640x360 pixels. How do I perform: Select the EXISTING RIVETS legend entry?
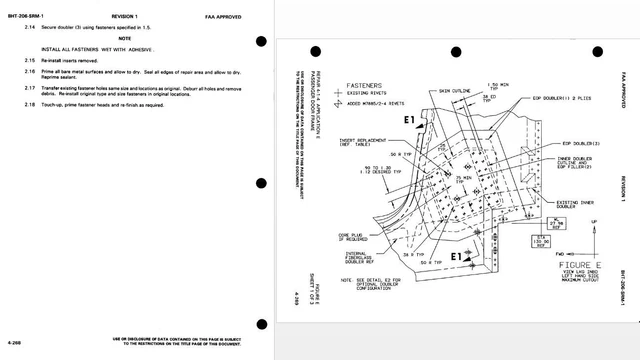[370, 96]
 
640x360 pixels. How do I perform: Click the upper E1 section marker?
[408, 121]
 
